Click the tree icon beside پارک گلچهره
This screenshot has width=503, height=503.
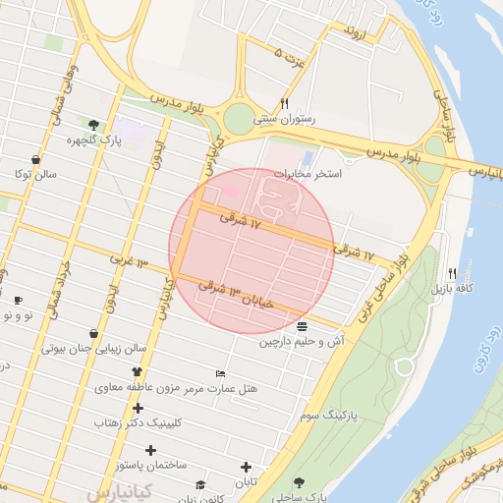[93, 125]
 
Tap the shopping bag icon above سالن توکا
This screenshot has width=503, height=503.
[36, 159]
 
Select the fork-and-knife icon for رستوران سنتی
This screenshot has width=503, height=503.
[284, 103]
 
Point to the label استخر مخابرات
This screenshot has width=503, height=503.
[307, 174]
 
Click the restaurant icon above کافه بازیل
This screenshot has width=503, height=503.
[452, 273]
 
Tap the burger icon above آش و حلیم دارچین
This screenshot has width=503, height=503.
[301, 326]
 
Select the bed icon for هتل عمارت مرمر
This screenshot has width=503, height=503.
[220, 374]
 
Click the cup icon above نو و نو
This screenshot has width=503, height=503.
[18, 301]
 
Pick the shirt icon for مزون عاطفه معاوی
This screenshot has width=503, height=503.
[137, 372]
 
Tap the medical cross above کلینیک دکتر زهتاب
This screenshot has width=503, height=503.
[138, 408]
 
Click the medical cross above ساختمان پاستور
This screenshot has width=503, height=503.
[149, 450]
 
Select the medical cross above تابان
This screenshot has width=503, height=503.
[246, 467]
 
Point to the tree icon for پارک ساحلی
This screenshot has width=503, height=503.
[299, 482]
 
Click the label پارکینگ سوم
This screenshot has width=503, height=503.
[324, 417]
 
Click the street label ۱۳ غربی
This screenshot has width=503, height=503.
[127, 262]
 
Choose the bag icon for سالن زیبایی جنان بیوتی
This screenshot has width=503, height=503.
[92, 333]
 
